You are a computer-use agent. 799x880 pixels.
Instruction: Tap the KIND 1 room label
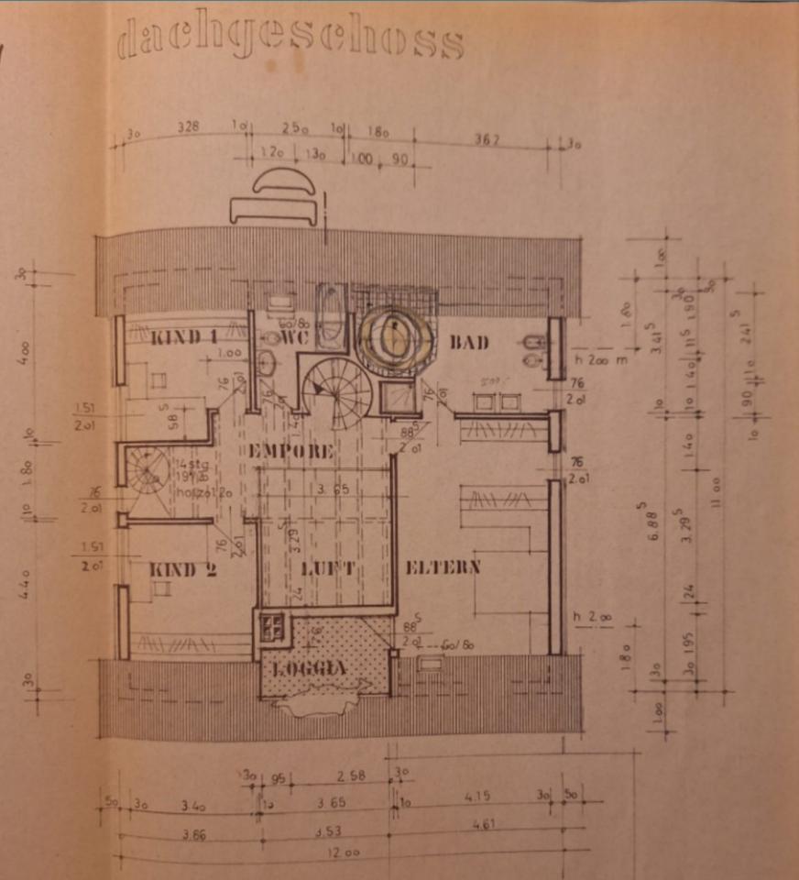coord(184,337)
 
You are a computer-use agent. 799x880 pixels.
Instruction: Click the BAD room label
coord(469,343)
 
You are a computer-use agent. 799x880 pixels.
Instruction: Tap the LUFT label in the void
coord(327,569)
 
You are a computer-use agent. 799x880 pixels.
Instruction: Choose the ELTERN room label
coord(443,567)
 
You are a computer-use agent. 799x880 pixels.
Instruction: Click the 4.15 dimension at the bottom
coord(477,796)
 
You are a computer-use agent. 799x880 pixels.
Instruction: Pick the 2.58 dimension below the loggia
coord(351,776)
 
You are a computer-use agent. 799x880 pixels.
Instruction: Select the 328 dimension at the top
coord(189,127)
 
